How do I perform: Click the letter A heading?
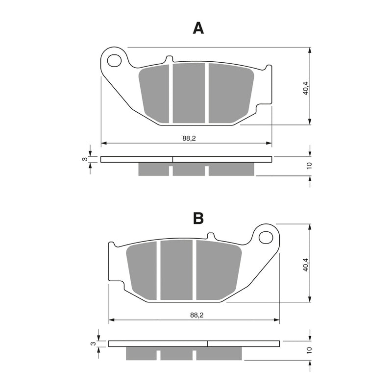(198, 28)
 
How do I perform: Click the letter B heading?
(198, 218)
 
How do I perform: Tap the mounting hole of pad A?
(114, 60)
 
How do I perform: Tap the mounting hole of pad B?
(266, 237)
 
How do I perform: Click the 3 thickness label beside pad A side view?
(84, 159)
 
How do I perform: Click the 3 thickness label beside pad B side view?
(92, 343)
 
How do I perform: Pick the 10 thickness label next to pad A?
(309, 166)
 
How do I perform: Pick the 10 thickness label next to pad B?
(309, 350)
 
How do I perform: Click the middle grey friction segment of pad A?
(189, 93)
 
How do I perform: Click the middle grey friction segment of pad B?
(176, 269)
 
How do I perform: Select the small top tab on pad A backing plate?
(169, 59)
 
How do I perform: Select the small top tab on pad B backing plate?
(211, 236)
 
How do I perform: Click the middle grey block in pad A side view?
(189, 169)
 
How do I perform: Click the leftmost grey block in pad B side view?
(142, 353)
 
